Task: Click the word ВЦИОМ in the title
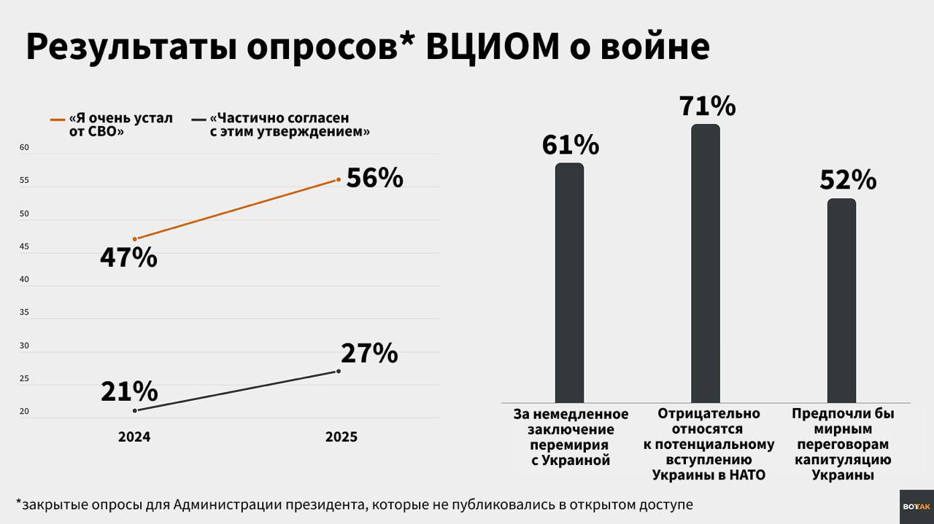493,47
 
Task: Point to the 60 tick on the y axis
24,148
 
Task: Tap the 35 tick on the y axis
24,313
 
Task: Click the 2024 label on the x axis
134,437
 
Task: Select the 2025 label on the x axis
341,437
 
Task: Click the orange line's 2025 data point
339,179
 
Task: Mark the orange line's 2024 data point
135,239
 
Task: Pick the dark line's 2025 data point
339,371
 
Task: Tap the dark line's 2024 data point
135,410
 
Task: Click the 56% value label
374,178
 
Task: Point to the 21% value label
129,391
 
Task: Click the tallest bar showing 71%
706,263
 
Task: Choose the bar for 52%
841,300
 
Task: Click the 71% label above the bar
707,106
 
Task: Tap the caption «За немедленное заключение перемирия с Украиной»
571,437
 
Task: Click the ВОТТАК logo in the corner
916,507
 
